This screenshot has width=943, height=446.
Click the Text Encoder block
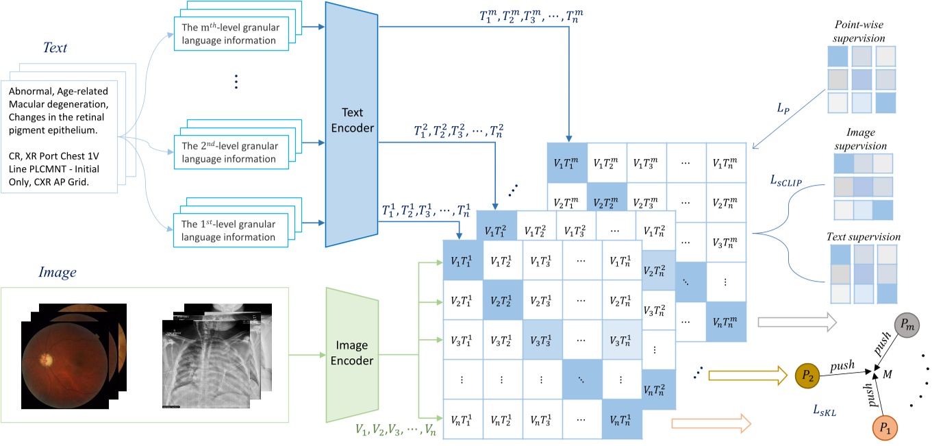352,123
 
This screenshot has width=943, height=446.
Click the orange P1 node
885,428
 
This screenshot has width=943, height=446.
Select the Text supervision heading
863,237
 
